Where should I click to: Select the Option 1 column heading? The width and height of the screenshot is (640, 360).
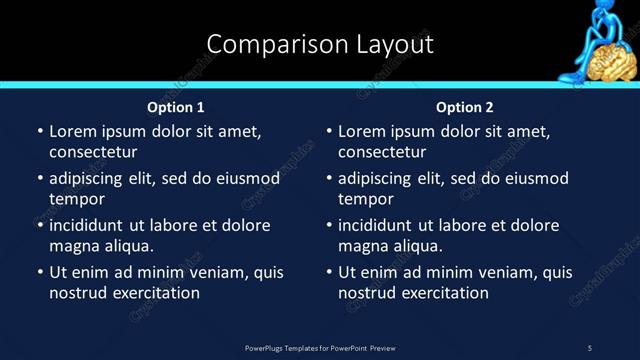tap(176, 107)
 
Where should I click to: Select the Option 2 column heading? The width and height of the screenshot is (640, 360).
tap(465, 107)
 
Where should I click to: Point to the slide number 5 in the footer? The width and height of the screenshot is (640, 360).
tap(590, 347)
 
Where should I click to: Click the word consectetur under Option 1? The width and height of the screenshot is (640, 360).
tap(93, 152)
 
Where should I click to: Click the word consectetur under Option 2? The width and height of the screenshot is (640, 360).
tap(382, 152)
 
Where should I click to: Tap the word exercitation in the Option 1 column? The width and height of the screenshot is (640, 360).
tap(155, 293)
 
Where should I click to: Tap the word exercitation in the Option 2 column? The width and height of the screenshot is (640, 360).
tap(444, 293)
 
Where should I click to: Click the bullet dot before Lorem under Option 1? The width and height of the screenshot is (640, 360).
tap(39, 131)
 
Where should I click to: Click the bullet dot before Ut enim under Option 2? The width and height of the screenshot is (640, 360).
tap(328, 272)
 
